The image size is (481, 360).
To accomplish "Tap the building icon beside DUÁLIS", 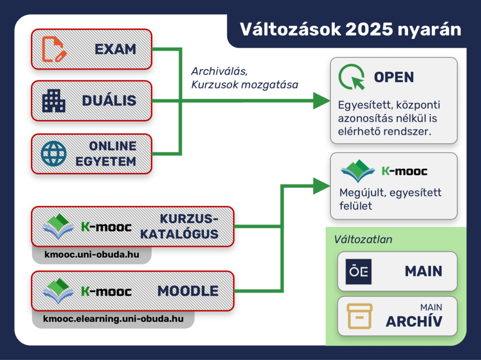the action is (x=54, y=101).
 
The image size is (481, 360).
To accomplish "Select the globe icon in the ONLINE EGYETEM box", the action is (x=54, y=154).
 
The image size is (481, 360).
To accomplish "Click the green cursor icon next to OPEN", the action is (x=352, y=77).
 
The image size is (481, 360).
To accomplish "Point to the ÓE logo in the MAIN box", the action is (x=358, y=271).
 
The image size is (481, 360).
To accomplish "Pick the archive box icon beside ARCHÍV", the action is (x=359, y=316).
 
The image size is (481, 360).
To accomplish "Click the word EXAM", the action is (x=116, y=49).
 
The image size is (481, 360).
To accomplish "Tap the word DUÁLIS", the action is (x=109, y=101).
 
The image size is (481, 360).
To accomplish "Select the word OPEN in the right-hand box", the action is (x=394, y=77).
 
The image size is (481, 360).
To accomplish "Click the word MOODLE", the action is (x=188, y=291).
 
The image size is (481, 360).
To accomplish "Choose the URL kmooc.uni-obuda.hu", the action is (x=92, y=254).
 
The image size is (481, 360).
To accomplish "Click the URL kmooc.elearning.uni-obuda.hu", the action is (x=113, y=319).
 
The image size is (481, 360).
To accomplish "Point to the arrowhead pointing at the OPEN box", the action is (x=321, y=101).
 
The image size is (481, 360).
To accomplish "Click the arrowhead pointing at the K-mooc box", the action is (x=321, y=186).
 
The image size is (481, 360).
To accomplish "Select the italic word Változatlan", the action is (x=363, y=239).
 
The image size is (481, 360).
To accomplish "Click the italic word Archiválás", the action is (x=219, y=71).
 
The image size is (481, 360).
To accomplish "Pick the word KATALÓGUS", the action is (x=179, y=234).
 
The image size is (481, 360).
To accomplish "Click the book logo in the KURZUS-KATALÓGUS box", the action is (x=58, y=226).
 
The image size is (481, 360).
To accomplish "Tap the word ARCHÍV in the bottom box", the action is (x=414, y=321).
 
